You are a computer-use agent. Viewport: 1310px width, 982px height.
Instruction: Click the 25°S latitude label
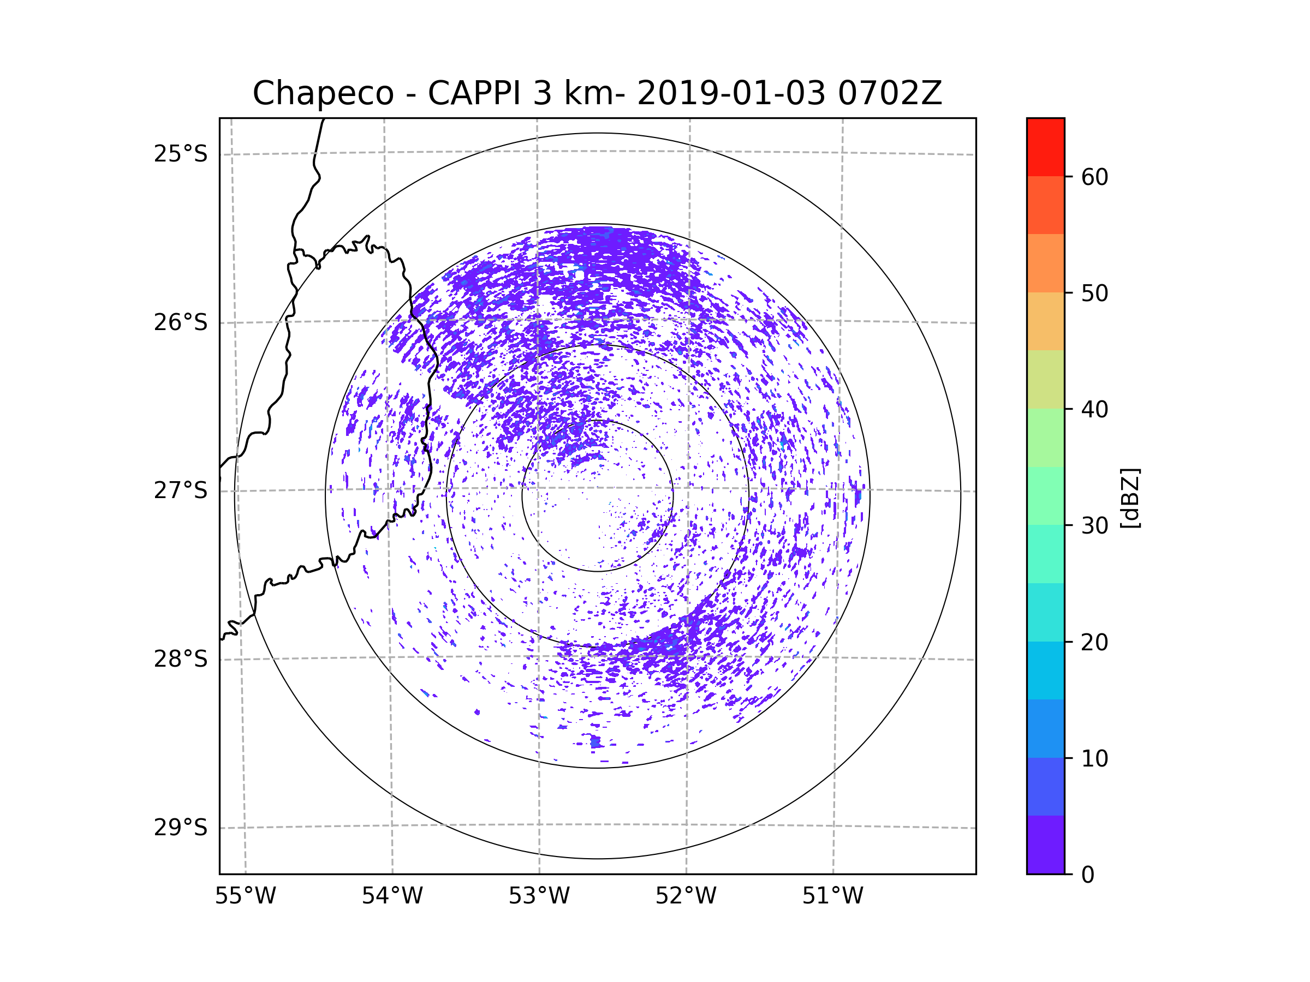181,154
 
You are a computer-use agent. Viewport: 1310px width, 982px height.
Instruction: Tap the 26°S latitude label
181,322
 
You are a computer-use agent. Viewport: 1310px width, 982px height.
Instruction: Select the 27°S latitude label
181,490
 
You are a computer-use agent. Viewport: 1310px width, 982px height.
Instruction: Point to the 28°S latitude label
181,659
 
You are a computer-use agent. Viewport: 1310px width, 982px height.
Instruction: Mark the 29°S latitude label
181,828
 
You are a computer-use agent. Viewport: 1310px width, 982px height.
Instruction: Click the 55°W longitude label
245,896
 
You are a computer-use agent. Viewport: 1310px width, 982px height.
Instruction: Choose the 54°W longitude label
392,896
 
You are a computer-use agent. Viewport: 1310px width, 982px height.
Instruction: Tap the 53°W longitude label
539,896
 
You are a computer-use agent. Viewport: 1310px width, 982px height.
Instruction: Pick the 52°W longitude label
686,896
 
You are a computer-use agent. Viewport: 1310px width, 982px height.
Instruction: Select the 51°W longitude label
832,896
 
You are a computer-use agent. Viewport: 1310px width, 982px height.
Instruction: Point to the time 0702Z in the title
890,93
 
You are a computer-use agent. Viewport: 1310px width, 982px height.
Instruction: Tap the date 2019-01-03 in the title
731,93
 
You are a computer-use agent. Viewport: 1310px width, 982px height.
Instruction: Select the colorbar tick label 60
1094,177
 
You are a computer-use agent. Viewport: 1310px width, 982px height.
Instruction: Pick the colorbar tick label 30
1094,525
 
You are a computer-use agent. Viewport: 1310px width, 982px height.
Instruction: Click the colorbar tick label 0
1088,875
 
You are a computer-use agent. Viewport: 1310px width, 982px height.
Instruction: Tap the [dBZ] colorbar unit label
1130,498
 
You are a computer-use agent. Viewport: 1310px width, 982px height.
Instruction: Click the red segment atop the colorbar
1045,147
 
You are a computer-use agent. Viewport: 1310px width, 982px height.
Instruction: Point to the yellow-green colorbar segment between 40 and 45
1045,379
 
